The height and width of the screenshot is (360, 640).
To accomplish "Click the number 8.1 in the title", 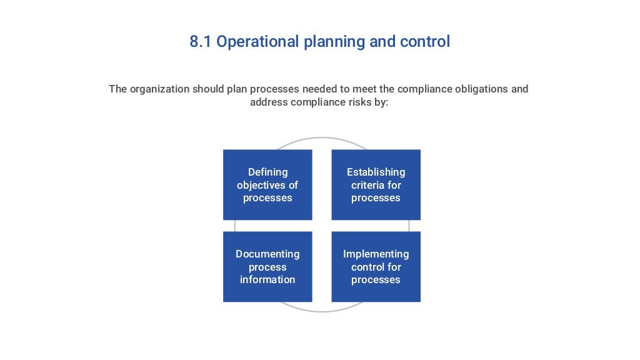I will (x=201, y=42).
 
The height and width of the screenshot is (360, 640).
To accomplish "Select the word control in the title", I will (x=425, y=42).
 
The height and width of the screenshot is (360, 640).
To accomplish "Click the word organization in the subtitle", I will (x=159, y=89).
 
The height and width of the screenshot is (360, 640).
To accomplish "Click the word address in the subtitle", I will (x=269, y=102).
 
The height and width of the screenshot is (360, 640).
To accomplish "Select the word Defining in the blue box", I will (x=267, y=172).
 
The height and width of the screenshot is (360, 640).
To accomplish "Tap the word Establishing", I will (x=376, y=172).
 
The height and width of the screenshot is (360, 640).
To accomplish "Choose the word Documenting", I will (x=267, y=254).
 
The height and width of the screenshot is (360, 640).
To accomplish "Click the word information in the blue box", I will (x=267, y=279).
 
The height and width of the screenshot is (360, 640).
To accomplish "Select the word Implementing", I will (x=376, y=254).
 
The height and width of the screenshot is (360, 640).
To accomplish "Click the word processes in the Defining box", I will (x=267, y=198).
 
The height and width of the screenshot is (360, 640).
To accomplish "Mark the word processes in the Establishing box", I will (x=376, y=198).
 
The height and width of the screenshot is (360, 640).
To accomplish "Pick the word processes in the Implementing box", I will (x=376, y=279).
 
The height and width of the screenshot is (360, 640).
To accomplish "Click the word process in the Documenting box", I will (x=267, y=267).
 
